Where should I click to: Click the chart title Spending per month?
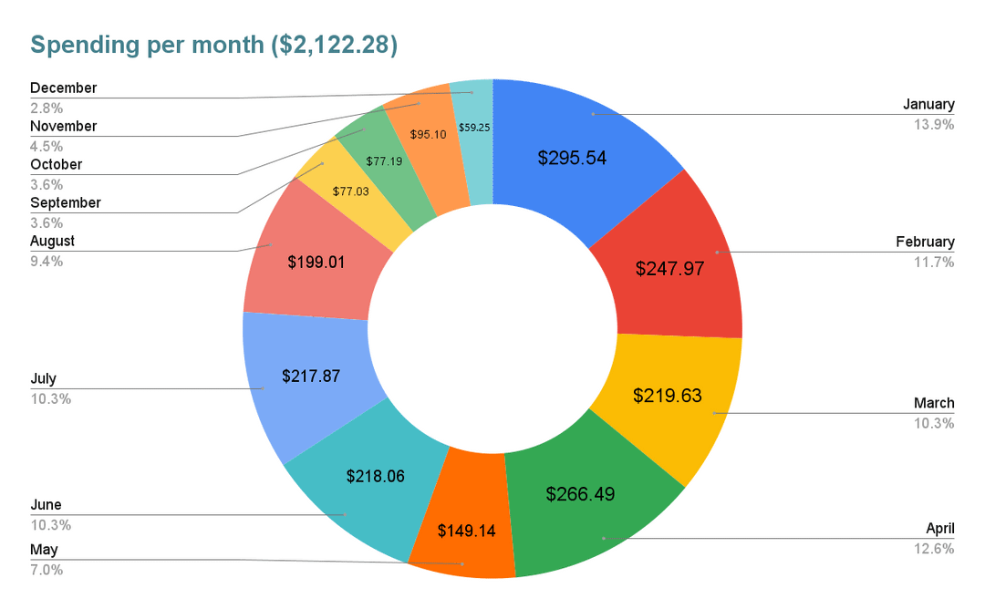(213, 45)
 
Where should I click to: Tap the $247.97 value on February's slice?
(669, 269)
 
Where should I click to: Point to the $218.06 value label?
(376, 476)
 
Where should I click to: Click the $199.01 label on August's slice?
(316, 263)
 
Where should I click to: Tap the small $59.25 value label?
(474, 128)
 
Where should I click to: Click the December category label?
(63, 88)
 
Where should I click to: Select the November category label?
(63, 127)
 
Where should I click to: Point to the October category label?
(56, 165)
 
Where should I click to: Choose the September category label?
(65, 203)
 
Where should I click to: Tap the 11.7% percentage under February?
(935, 262)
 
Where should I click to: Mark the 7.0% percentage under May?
(47, 571)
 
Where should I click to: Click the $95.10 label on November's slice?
(427, 134)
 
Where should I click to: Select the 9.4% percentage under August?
(47, 262)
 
